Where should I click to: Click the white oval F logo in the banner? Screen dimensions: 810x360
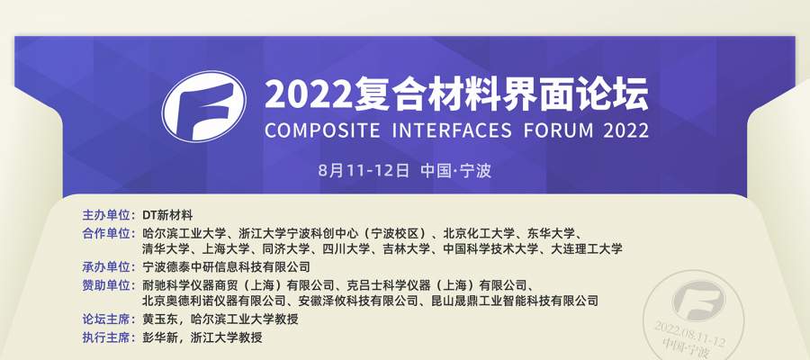pyautogui.click(x=204, y=106)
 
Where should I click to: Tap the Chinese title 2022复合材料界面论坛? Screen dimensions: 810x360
pyautogui.click(x=456, y=94)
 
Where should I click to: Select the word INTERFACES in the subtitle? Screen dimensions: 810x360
pyautogui.click(x=452, y=130)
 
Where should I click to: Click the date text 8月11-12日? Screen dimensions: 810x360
pyautogui.click(x=364, y=170)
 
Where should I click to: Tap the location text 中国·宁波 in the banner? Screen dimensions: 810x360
pyautogui.click(x=455, y=170)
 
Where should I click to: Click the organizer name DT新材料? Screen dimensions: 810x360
pyautogui.click(x=168, y=215)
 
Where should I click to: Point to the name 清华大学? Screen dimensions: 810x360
pyautogui.click(x=166, y=249)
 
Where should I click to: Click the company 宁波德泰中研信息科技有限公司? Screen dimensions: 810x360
pyautogui.click(x=226, y=267)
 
